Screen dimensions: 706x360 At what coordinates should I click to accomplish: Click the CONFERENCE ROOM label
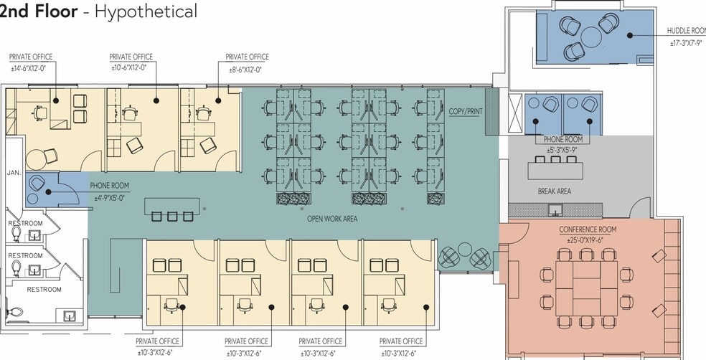point(588,229)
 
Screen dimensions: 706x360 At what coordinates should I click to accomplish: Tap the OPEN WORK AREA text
point(332,219)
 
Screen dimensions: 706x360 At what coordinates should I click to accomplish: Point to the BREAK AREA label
point(555,191)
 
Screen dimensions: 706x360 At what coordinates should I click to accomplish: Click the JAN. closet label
point(14,172)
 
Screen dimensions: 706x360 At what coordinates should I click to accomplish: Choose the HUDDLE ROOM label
point(686,31)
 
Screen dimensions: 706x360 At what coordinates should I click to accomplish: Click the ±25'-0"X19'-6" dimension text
point(588,240)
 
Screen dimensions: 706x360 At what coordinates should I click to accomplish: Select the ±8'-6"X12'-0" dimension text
point(244,69)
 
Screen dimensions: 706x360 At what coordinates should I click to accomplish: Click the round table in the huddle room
point(591,37)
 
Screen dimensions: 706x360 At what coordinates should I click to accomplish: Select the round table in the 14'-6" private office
point(35,158)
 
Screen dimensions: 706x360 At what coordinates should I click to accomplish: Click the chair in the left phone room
point(37,183)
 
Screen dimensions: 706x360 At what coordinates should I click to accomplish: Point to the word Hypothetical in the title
point(146,11)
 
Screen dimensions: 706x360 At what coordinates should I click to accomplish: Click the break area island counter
point(555,171)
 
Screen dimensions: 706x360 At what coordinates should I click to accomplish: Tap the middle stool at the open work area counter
point(172,217)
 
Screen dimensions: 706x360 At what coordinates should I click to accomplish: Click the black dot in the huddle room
point(630,34)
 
